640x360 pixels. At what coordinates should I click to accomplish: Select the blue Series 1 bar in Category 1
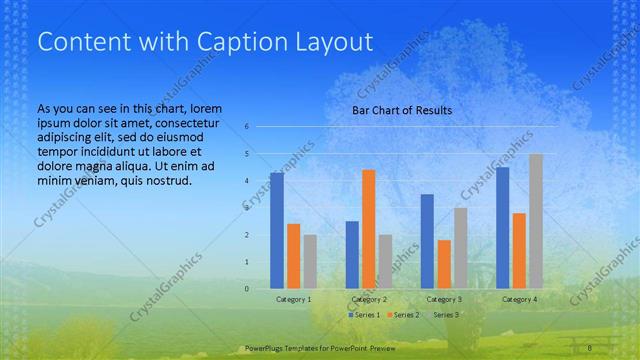point(277,231)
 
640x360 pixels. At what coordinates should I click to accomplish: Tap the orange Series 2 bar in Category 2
point(369,229)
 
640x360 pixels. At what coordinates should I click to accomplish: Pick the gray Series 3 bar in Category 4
point(536,221)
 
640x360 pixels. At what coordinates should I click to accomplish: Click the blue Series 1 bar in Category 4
point(502,228)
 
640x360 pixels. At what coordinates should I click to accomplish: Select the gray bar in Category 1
point(310,262)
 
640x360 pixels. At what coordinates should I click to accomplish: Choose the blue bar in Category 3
point(427,241)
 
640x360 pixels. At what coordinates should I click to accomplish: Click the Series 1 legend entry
point(364,315)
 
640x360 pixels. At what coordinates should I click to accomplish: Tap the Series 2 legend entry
point(403,315)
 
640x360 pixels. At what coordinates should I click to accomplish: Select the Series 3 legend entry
point(443,315)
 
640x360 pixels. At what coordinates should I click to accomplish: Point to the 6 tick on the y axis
point(246,127)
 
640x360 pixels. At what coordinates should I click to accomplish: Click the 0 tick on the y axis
point(246,289)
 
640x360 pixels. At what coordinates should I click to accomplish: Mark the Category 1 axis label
point(294,299)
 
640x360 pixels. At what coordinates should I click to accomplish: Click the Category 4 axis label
point(519,299)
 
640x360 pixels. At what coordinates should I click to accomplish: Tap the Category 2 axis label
point(369,299)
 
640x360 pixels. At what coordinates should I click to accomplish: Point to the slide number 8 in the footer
point(590,347)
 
